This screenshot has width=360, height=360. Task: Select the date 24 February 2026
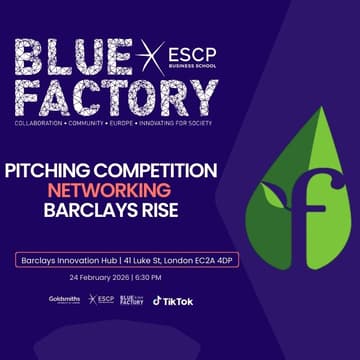(96, 277)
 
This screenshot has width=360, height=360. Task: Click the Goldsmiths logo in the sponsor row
(64, 300)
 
